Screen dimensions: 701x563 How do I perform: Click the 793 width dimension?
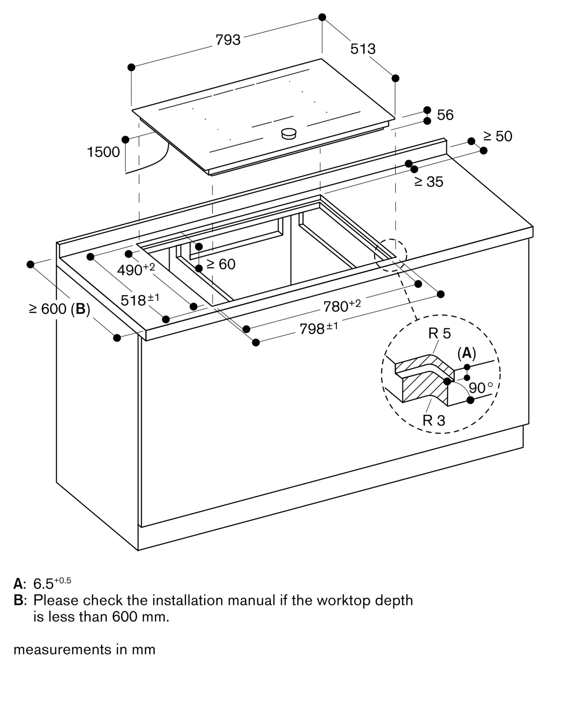[228, 40]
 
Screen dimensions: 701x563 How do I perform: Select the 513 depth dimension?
[363, 49]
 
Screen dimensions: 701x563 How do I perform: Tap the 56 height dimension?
[445, 115]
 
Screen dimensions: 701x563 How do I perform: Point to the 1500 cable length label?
[103, 152]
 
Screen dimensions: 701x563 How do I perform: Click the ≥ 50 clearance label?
[497, 136]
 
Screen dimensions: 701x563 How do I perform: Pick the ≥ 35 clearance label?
[429, 182]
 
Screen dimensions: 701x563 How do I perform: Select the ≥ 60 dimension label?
[221, 264]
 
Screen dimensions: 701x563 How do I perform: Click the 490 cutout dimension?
[135, 270]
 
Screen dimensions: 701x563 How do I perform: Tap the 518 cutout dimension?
[139, 300]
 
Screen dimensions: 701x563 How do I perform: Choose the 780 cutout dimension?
[342, 306]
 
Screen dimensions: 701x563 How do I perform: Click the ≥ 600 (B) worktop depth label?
[60, 309]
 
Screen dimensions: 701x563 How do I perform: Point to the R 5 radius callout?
[439, 333]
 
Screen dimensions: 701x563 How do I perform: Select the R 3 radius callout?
[434, 420]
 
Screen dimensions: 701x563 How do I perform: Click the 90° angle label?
[480, 388]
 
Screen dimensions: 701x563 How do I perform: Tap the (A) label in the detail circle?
[467, 353]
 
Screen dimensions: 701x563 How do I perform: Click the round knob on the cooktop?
[289, 133]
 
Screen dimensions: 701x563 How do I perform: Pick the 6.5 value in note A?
[43, 584]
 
